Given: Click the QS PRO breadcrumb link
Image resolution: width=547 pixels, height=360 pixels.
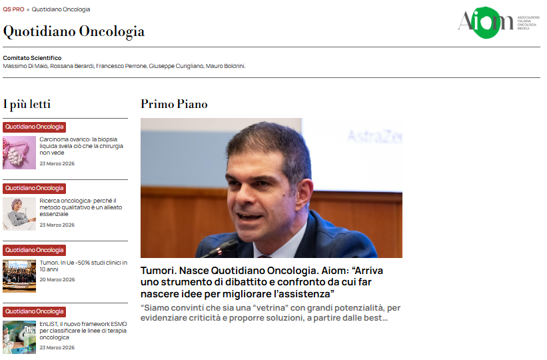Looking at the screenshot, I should tap(13, 9).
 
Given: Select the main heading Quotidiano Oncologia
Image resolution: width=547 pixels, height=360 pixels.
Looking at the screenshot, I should tap(74, 31).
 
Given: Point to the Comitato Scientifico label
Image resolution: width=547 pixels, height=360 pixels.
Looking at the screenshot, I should tap(32, 58).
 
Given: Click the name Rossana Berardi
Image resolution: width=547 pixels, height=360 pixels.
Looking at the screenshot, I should tap(74, 66).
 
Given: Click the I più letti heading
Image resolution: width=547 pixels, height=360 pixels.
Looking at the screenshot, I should tap(27, 104).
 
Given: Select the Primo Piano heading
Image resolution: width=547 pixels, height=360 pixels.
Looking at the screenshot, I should tap(174, 104).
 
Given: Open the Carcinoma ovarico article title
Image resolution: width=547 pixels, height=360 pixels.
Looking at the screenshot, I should tap(81, 146).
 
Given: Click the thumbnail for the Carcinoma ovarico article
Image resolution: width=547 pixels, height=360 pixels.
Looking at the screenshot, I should tap(19, 153).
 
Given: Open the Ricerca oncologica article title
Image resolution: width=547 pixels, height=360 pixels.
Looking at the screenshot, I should tap(81, 207).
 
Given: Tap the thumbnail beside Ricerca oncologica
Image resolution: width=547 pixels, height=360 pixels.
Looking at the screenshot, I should tap(19, 214).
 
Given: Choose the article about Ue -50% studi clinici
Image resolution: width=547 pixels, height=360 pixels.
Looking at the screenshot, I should tap(83, 266).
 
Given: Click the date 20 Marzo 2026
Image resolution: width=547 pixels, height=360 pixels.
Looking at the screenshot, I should tap(57, 279).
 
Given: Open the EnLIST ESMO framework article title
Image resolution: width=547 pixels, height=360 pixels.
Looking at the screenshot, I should tap(82, 331).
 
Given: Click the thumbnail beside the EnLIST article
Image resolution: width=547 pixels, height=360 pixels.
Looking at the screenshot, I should tap(19, 337).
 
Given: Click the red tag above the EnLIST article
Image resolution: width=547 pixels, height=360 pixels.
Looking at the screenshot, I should tap(35, 312).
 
